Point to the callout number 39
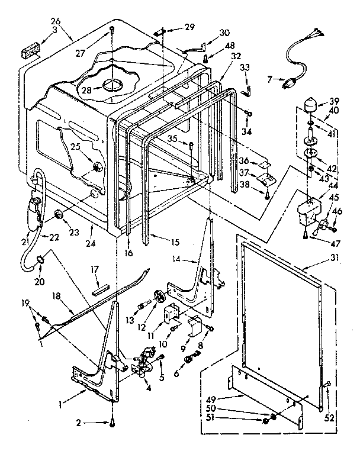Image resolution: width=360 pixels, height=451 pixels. pyautogui.click(x=335, y=101)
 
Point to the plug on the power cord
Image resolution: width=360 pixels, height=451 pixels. pyautogui.click(x=289, y=83)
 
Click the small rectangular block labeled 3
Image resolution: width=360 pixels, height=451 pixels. pyautogui.click(x=28, y=53)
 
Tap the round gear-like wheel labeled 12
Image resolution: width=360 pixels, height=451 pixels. pyautogui.click(x=159, y=296)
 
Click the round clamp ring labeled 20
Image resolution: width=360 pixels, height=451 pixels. pyautogui.click(x=41, y=259)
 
